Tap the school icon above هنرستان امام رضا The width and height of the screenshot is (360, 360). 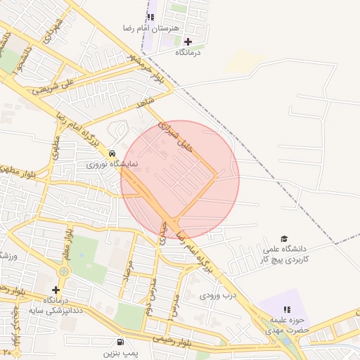coord(150,16)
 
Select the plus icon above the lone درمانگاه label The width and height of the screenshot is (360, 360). coord(188,41)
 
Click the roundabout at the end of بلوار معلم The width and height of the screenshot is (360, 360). coord(64,271)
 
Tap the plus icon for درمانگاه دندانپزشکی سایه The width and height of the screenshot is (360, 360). coord(56,290)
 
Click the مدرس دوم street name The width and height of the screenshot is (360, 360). coord(150,295)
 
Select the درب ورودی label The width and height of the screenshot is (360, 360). coord(215,296)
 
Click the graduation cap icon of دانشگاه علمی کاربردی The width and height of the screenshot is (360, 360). coord(284,239)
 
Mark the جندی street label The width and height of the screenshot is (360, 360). coord(162,232)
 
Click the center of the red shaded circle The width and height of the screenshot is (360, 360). coord(180,180)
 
